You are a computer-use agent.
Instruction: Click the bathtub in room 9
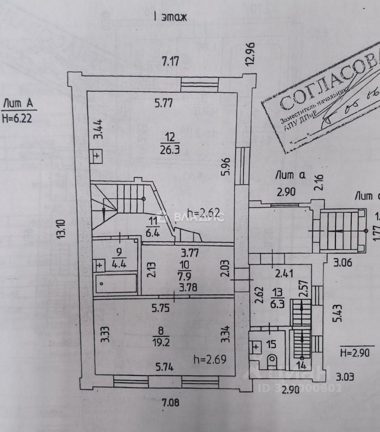tap(116, 284)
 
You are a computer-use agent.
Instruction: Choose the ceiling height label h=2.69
tap(209, 359)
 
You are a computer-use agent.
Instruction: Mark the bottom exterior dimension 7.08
tap(171, 403)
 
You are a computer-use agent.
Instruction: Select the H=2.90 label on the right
tap(354, 352)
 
